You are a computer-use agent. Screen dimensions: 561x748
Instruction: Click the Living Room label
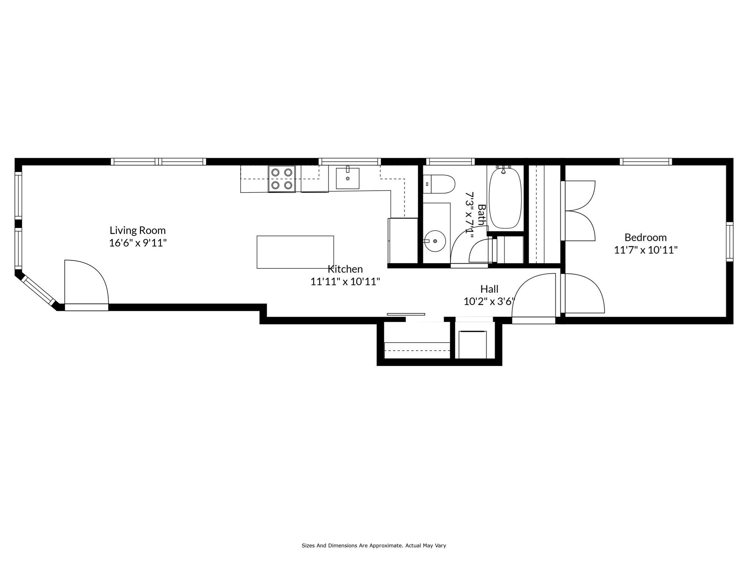138,230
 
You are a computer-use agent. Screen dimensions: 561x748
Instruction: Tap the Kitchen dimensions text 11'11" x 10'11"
345,282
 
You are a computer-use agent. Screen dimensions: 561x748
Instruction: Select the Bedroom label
645,237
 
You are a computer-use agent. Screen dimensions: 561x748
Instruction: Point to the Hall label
489,289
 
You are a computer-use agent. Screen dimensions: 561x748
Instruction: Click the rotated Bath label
482,215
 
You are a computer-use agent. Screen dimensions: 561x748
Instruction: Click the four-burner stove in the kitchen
282,179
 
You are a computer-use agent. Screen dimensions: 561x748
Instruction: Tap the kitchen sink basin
347,178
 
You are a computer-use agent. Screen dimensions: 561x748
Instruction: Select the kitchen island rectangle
295,252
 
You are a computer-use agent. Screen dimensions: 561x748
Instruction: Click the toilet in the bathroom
439,184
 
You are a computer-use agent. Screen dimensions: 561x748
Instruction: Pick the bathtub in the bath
505,198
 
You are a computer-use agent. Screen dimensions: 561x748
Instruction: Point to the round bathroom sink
435,241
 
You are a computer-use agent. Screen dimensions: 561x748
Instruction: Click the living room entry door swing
86,283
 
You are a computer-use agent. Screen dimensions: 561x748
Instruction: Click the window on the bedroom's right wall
729,241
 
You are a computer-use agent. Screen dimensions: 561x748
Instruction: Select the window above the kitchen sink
350,161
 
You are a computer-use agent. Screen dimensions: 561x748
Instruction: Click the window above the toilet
450,161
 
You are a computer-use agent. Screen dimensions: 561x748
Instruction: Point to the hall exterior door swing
533,296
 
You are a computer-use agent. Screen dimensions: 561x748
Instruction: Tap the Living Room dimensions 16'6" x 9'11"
138,243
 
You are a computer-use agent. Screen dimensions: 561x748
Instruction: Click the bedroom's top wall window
646,161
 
